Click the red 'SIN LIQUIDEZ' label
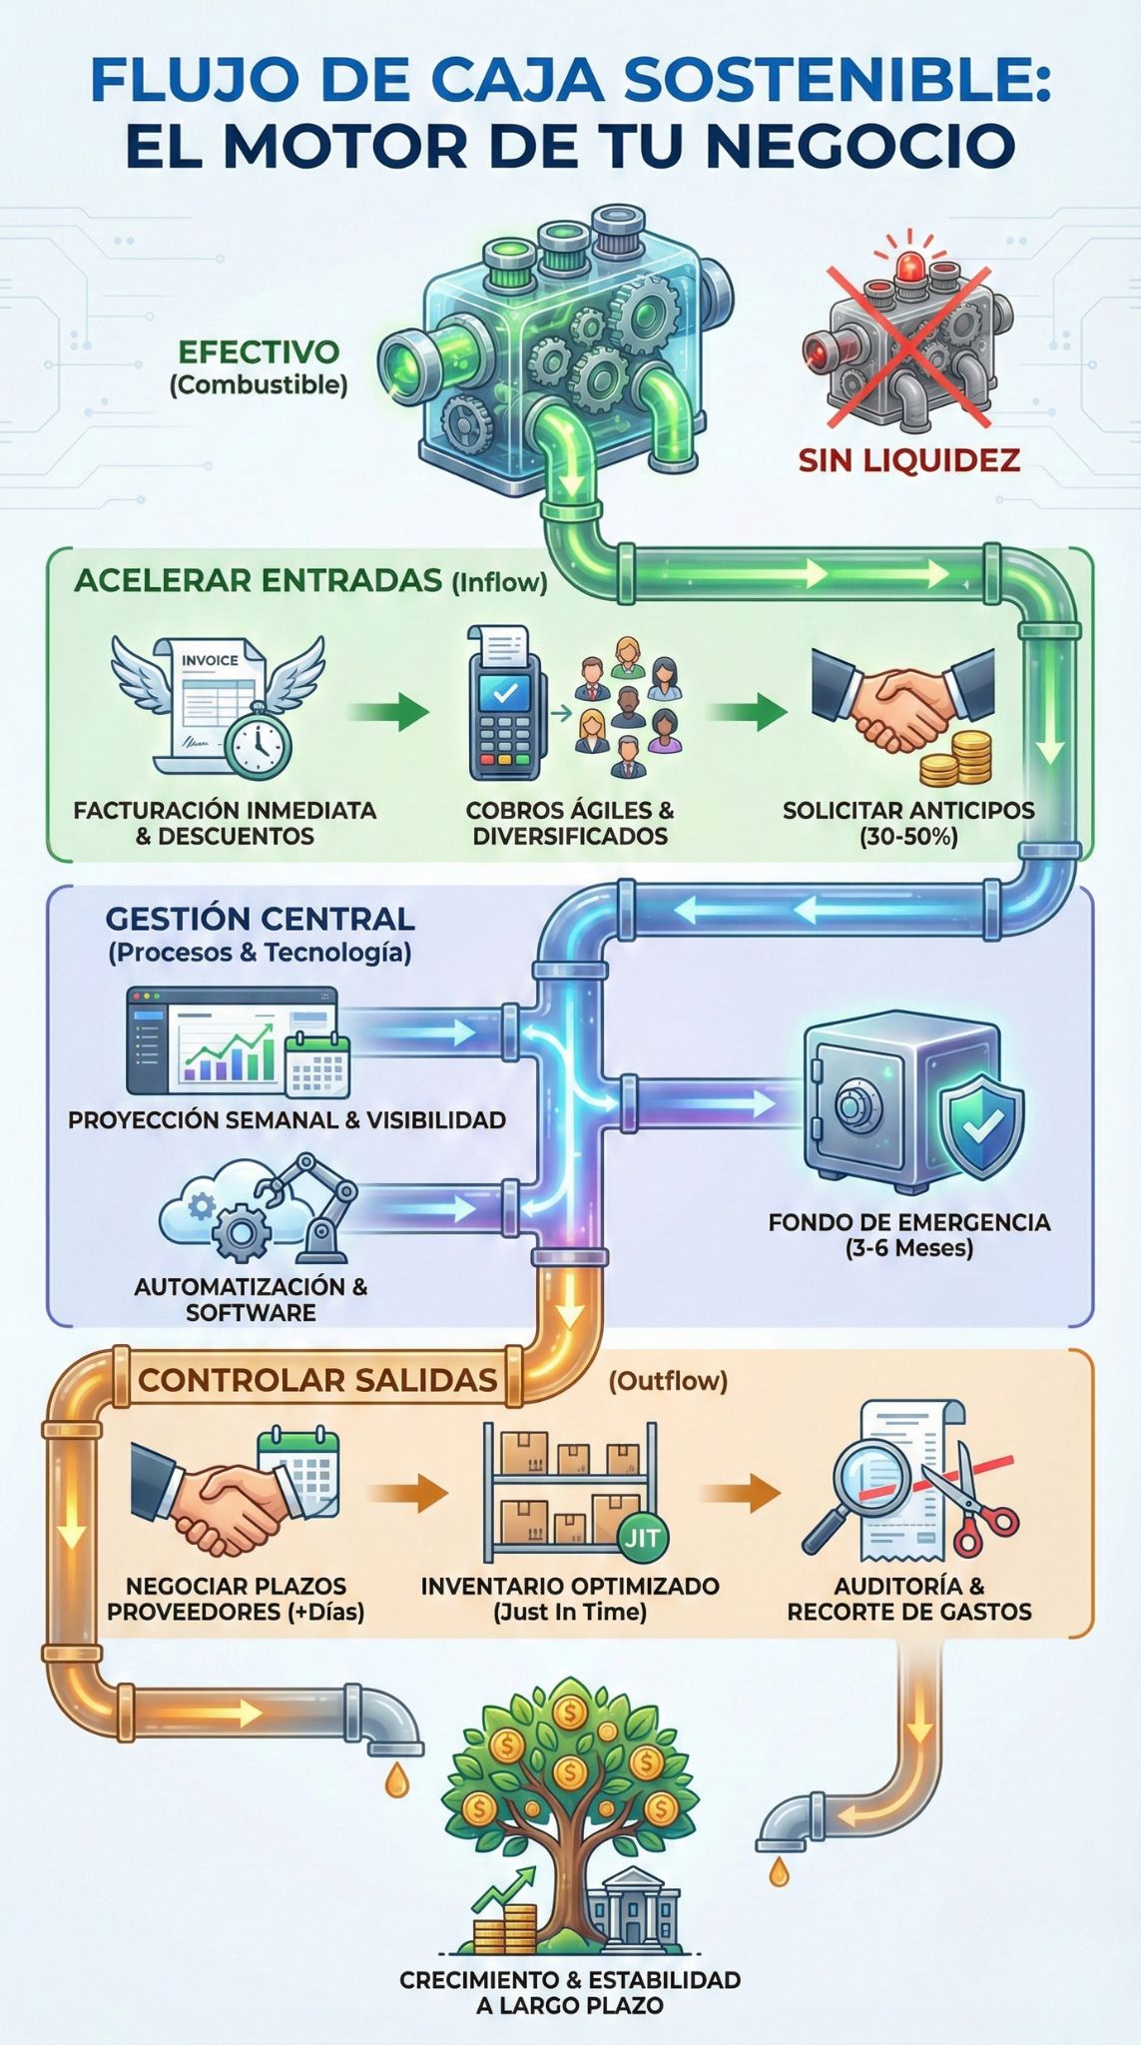908,459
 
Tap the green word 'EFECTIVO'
259,352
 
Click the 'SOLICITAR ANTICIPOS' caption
908,810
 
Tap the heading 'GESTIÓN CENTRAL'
260,919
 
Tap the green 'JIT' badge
642,1537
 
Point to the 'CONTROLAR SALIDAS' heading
317,1380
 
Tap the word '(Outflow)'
668,1381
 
